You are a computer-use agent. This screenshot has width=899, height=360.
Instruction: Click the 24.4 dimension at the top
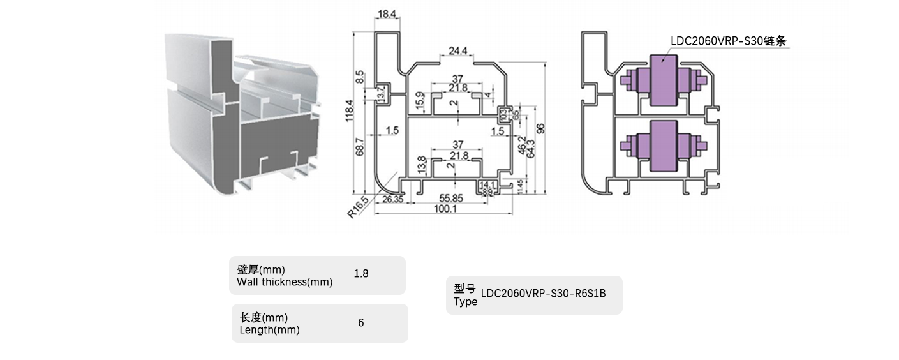[x=457, y=51]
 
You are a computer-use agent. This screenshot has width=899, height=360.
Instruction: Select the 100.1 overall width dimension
[x=449, y=209]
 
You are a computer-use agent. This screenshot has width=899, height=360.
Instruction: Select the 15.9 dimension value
[x=419, y=100]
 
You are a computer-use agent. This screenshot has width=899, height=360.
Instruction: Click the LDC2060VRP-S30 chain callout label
[x=728, y=41]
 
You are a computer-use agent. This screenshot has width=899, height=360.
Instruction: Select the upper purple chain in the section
[x=663, y=80]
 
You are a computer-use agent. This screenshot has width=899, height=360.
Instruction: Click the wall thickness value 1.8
[x=361, y=274]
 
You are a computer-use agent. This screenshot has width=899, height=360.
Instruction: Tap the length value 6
[x=361, y=323]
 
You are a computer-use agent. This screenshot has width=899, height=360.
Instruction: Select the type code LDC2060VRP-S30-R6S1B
[x=543, y=294]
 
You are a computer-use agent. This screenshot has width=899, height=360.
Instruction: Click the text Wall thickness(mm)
[x=285, y=282]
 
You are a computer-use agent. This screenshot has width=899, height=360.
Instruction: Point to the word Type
[x=465, y=302]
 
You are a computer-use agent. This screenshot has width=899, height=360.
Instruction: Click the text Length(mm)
[x=269, y=330]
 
